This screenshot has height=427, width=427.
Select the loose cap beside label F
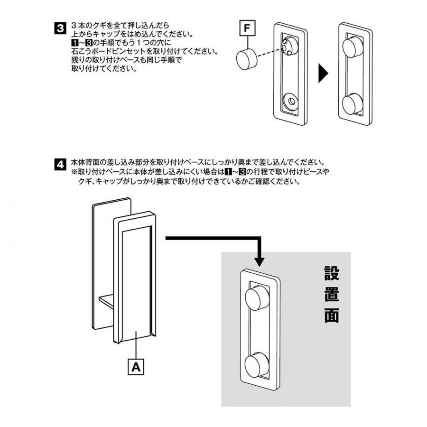point(246,60)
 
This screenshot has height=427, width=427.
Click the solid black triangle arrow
point(323,74)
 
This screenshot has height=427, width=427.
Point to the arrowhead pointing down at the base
point(259,260)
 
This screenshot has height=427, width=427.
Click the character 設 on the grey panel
point(332,274)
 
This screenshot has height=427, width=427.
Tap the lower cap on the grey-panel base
point(256,366)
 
